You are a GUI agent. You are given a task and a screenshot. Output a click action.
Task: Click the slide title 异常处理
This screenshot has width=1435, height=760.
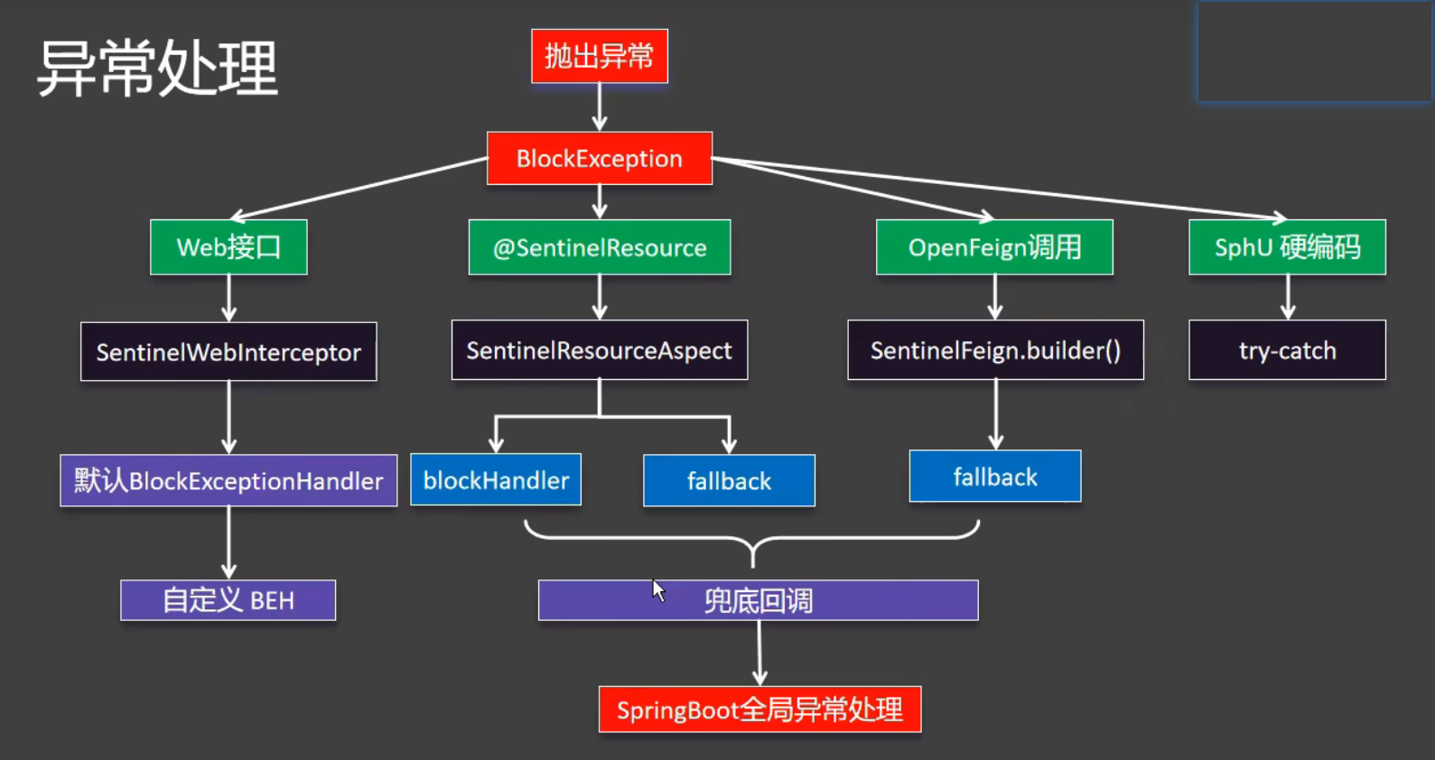tap(157, 69)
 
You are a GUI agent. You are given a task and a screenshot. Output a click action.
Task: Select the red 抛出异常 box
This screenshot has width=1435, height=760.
tap(600, 56)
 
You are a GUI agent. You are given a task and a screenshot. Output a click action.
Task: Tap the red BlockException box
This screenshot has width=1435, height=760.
tap(600, 159)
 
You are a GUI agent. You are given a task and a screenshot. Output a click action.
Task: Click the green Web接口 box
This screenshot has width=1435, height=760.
tap(228, 247)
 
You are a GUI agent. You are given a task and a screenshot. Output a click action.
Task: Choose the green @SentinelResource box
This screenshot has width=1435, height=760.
tap(600, 247)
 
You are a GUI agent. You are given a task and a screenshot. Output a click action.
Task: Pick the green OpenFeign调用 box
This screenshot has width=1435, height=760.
tap(994, 247)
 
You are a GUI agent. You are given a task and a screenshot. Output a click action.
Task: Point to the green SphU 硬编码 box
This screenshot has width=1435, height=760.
tap(1287, 247)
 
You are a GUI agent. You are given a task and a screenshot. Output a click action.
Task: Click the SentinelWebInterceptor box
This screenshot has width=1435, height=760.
tap(228, 352)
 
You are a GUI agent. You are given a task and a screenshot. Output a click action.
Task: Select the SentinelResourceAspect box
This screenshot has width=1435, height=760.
tap(600, 350)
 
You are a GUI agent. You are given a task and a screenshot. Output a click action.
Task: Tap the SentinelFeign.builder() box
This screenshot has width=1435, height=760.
tap(995, 350)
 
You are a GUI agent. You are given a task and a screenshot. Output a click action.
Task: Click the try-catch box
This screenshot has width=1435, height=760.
tap(1287, 350)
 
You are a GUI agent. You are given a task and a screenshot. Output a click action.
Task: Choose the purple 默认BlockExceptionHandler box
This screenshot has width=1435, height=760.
tap(228, 480)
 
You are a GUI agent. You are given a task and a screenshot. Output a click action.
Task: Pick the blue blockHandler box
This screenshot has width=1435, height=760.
tap(496, 479)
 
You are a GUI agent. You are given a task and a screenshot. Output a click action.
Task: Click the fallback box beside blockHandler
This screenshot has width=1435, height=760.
tap(729, 480)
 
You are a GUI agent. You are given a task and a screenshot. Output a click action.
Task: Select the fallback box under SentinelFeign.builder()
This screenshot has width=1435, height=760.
tap(995, 476)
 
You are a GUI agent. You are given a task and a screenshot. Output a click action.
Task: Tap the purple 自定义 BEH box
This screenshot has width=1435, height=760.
tap(228, 600)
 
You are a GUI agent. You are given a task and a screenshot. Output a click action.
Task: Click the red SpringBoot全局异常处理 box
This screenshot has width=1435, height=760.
tap(759, 709)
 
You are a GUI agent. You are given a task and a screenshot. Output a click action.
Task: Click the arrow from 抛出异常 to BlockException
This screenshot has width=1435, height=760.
tap(600, 107)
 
